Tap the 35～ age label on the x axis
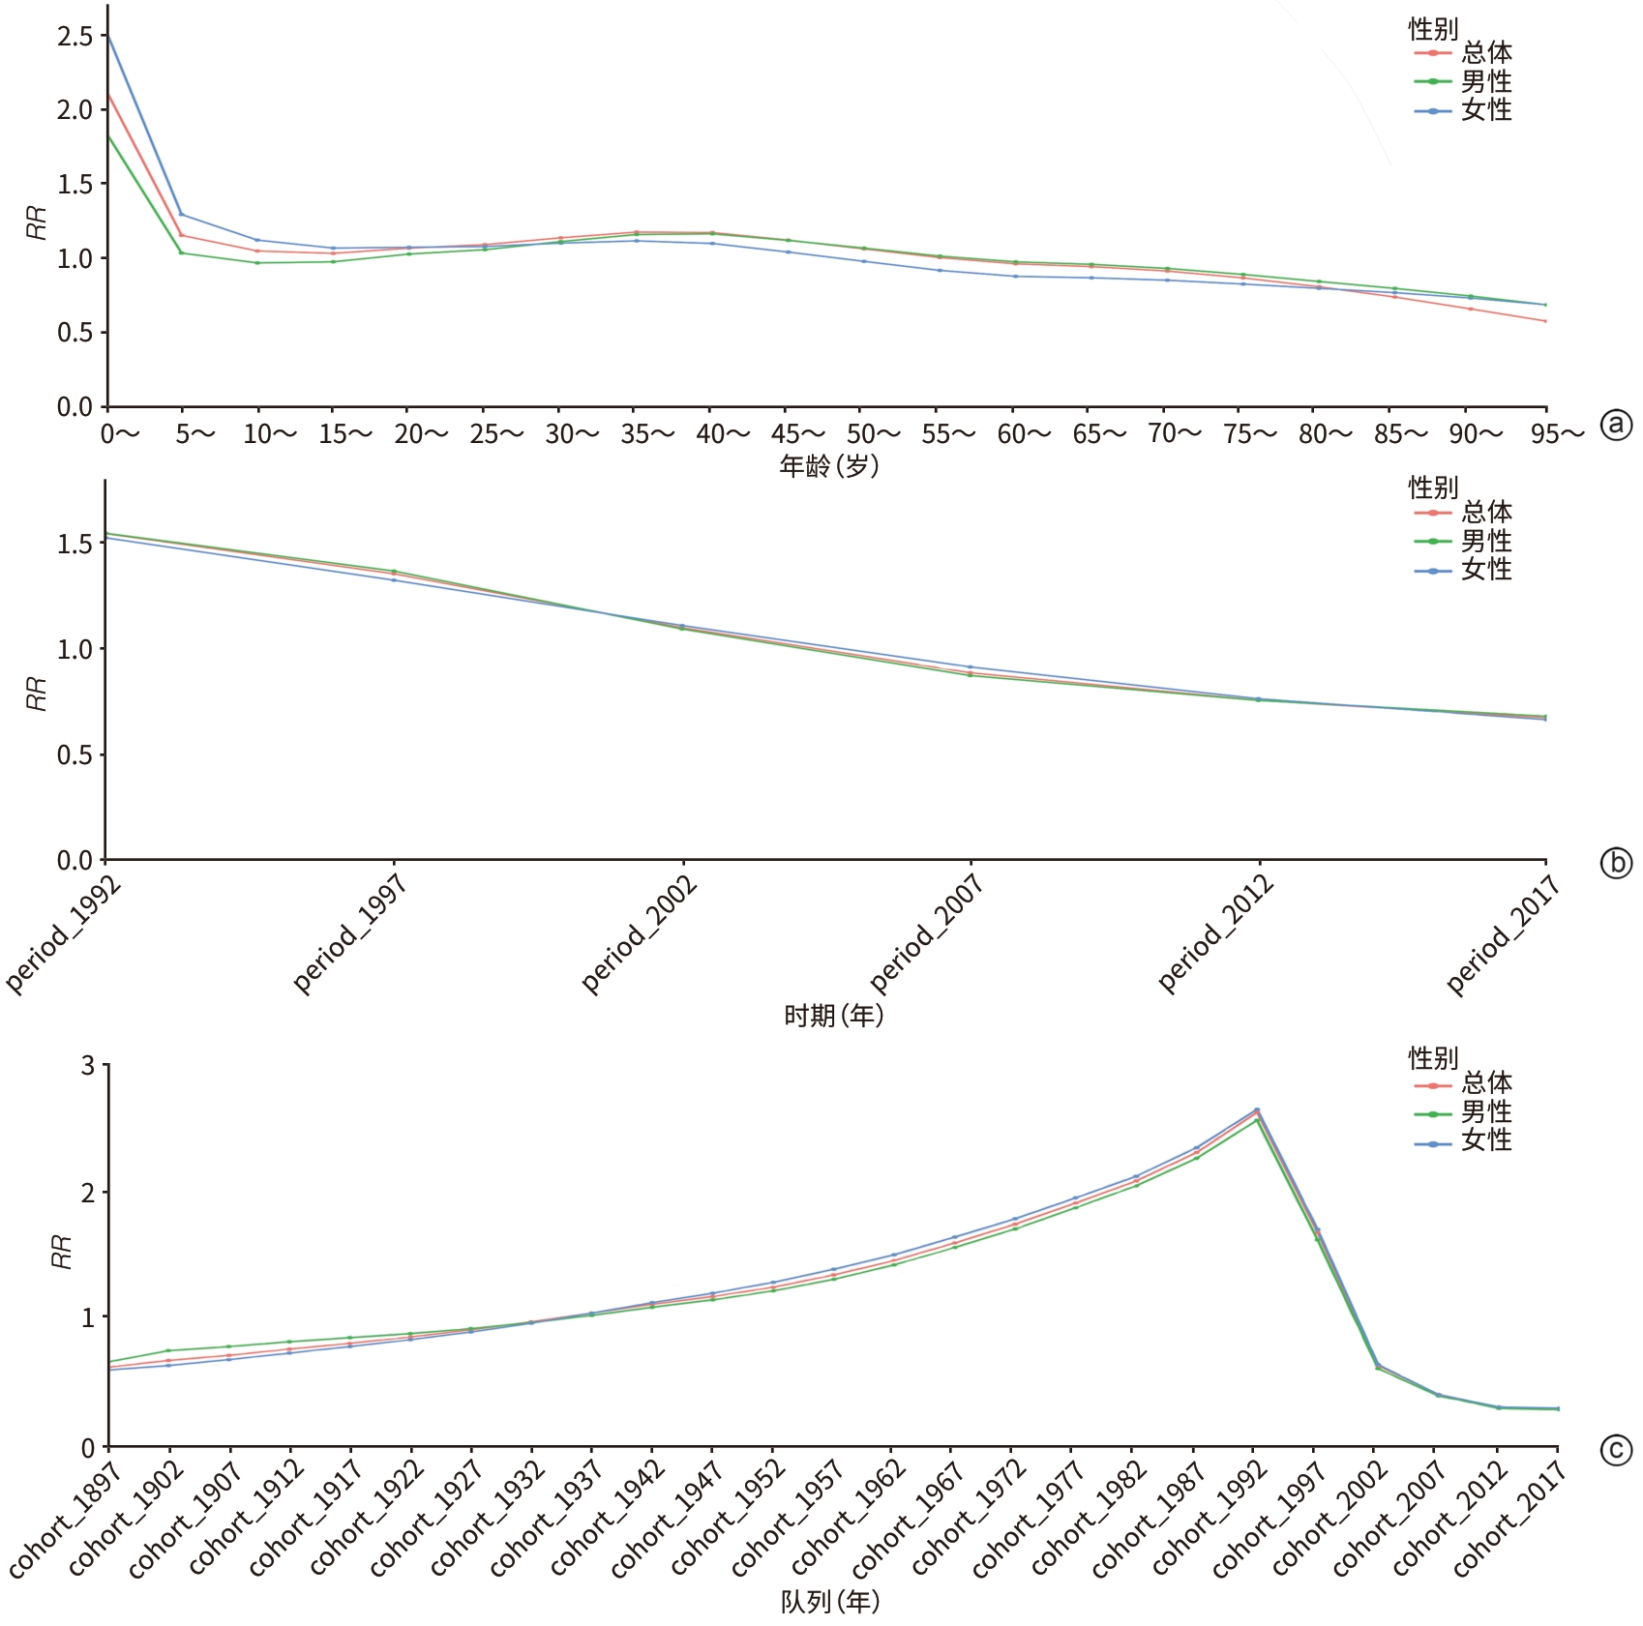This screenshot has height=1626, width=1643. [x=647, y=434]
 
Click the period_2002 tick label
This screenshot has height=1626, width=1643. [x=640, y=933]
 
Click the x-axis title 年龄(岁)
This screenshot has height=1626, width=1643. [x=829, y=467]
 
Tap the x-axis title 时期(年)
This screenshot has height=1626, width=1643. [x=833, y=1016]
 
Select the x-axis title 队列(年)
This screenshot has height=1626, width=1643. [x=830, y=1602]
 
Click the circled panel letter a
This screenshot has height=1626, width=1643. [x=1616, y=425]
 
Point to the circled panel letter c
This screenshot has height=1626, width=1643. [x=1616, y=1450]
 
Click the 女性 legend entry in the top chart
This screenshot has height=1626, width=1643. [x=1485, y=110]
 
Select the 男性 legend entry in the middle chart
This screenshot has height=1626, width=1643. [x=1485, y=541]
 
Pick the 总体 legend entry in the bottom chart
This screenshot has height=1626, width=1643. [x=1485, y=1082]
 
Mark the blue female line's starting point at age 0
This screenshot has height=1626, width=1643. [x=107, y=36]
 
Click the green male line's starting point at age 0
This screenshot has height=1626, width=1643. [x=107, y=135]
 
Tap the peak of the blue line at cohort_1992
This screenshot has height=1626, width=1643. [x=1257, y=1109]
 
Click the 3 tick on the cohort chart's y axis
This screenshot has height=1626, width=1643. [x=88, y=1066]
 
